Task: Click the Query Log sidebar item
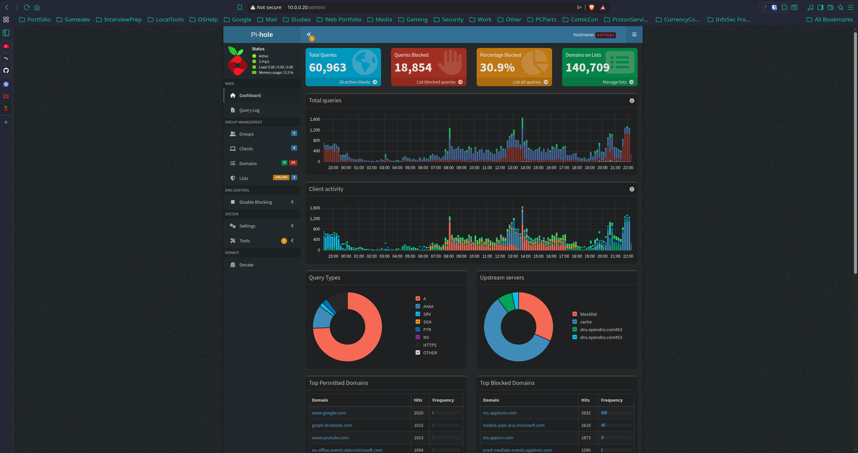[249, 110]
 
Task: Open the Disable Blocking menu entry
[256, 202]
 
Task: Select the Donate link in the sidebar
[246, 265]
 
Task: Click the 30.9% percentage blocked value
[497, 68]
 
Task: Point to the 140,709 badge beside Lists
[281, 178]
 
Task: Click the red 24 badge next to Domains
[293, 163]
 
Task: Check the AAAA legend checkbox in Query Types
[418, 306]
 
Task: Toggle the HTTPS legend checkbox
[418, 345]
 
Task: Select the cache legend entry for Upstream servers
[586, 322]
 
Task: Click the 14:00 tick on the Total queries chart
[526, 168]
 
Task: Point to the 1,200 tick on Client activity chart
[315, 219]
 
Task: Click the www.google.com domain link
[329, 413]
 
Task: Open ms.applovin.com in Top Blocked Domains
[500, 413]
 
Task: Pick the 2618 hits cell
[586, 425]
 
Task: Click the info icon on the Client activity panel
[632, 189]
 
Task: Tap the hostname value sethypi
[605, 35]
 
